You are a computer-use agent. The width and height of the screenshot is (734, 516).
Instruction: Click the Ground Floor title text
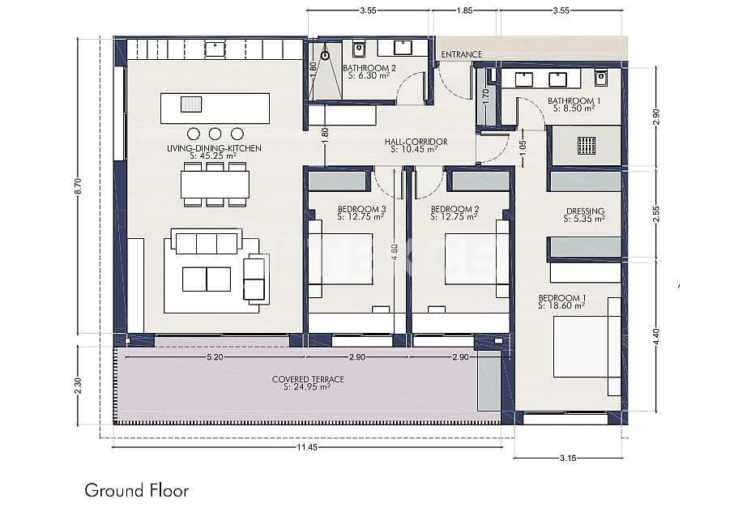pyautogui.click(x=137, y=490)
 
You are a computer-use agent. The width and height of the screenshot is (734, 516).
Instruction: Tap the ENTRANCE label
pyautogui.click(x=461, y=54)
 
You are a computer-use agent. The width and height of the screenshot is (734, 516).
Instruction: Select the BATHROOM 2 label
pyautogui.click(x=369, y=68)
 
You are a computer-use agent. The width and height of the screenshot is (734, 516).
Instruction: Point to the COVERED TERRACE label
pyautogui.click(x=307, y=379)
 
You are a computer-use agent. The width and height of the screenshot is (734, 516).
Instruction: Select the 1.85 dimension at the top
pyautogui.click(x=465, y=11)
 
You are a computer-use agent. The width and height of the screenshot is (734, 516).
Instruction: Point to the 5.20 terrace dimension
pyautogui.click(x=215, y=357)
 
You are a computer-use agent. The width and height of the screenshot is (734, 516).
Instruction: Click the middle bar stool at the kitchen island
pyautogui.click(x=215, y=134)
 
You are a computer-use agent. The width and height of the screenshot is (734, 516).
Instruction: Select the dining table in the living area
pyautogui.click(x=215, y=185)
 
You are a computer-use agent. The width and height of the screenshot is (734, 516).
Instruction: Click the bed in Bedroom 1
pyautogui.click(x=583, y=347)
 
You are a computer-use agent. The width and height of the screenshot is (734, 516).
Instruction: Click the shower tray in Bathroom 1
pyautogui.click(x=586, y=145)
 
